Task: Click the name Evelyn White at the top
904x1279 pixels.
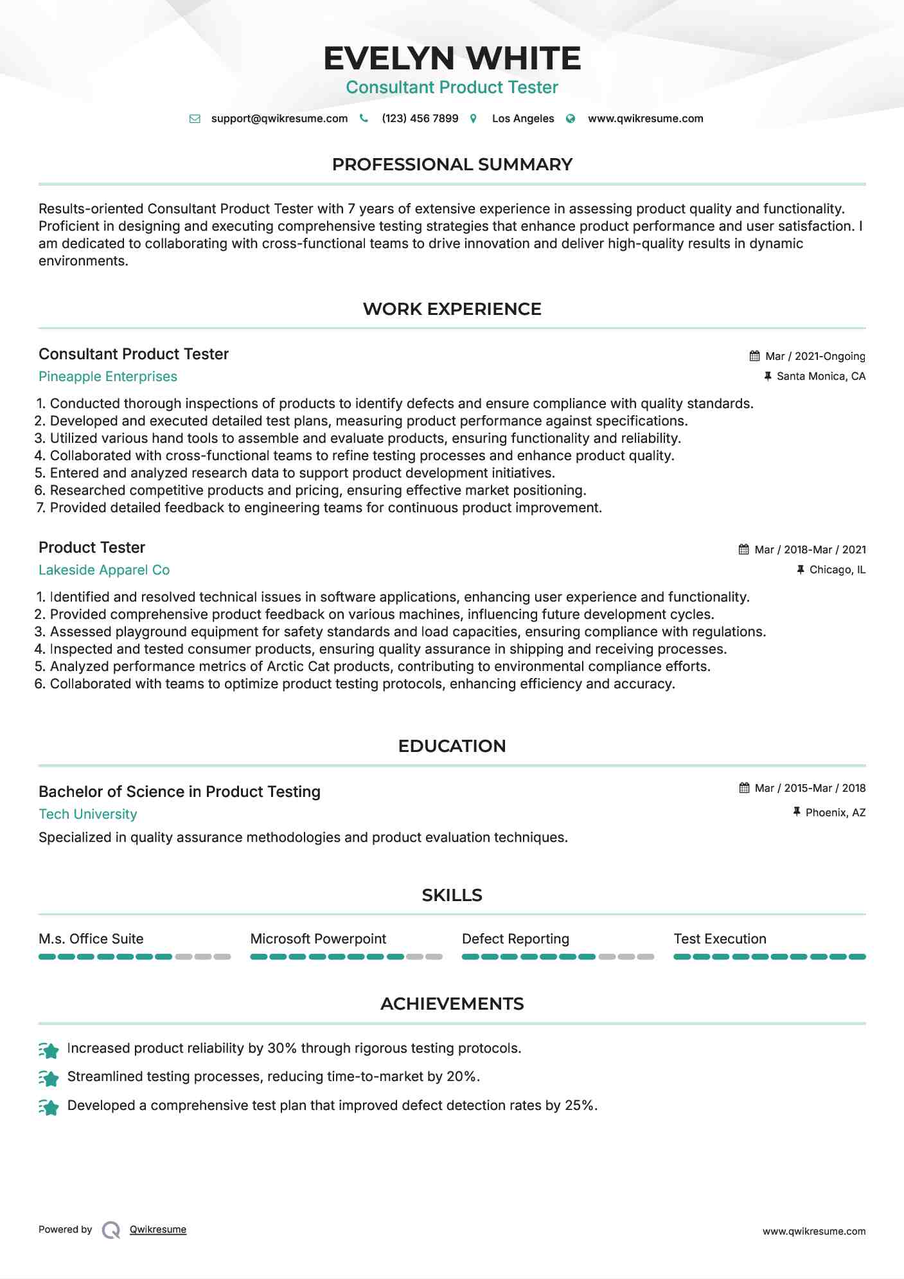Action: [452, 58]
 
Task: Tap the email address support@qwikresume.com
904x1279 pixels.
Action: [279, 118]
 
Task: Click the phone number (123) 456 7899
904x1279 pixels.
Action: [420, 118]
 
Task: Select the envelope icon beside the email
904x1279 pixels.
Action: [195, 119]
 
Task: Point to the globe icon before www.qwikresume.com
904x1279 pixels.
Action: [571, 119]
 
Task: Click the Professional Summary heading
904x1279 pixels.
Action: [452, 165]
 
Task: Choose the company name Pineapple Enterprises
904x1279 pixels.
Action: [108, 377]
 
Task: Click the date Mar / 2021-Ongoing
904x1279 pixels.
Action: [815, 356]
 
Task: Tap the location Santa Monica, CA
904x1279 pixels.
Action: [820, 376]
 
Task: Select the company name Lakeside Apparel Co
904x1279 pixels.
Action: [104, 570]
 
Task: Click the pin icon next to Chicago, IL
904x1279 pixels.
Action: [801, 569]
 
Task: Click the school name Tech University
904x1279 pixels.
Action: [88, 814]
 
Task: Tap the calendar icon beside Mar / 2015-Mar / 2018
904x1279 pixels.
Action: [744, 788]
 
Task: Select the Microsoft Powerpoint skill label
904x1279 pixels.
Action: [318, 939]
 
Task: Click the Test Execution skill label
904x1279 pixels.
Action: [720, 939]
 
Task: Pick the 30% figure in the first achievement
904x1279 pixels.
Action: [282, 1048]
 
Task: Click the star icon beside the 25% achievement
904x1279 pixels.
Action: [49, 1107]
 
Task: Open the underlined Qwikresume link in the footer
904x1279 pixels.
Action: [158, 1230]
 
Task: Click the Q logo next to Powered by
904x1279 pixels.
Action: [111, 1230]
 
